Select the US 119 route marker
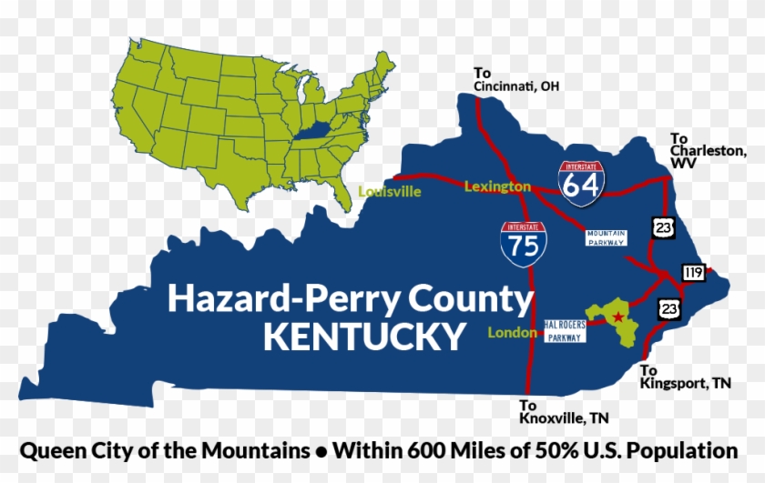[x=693, y=271]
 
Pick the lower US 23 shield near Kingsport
[x=671, y=307]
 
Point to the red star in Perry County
[x=618, y=317]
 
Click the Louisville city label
[x=390, y=192]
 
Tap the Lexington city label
[x=496, y=186]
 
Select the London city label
[x=512, y=333]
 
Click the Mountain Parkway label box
[x=606, y=237]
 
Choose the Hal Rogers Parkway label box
[x=566, y=331]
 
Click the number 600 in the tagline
[x=454, y=450]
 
